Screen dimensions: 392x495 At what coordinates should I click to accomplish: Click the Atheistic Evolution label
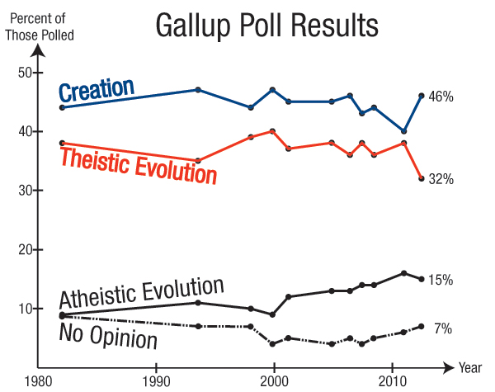tap(142, 291)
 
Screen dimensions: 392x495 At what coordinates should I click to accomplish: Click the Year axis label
tap(470, 369)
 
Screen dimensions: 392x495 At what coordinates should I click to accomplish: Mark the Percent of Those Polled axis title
tap(39, 26)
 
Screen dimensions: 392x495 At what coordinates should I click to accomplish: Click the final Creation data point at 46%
tap(422, 96)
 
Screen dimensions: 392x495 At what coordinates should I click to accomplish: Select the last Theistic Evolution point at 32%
tap(422, 178)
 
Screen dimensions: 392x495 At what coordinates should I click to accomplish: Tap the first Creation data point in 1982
tap(63, 108)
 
